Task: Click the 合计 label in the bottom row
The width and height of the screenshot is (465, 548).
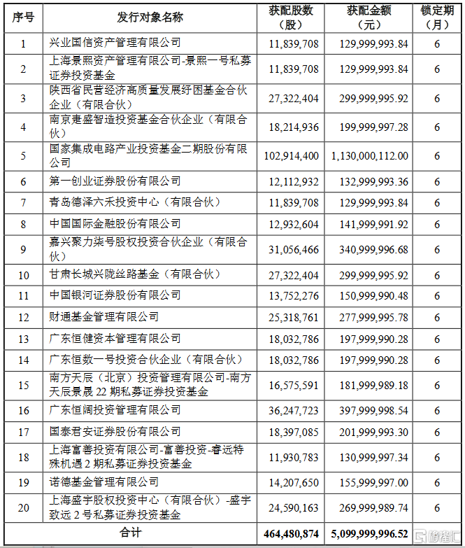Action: pos(133,533)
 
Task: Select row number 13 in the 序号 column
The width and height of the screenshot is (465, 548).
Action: pos(23,339)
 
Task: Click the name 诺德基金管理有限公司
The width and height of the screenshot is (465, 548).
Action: pos(106,482)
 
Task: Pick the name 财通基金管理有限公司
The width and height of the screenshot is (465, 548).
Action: pos(106,317)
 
